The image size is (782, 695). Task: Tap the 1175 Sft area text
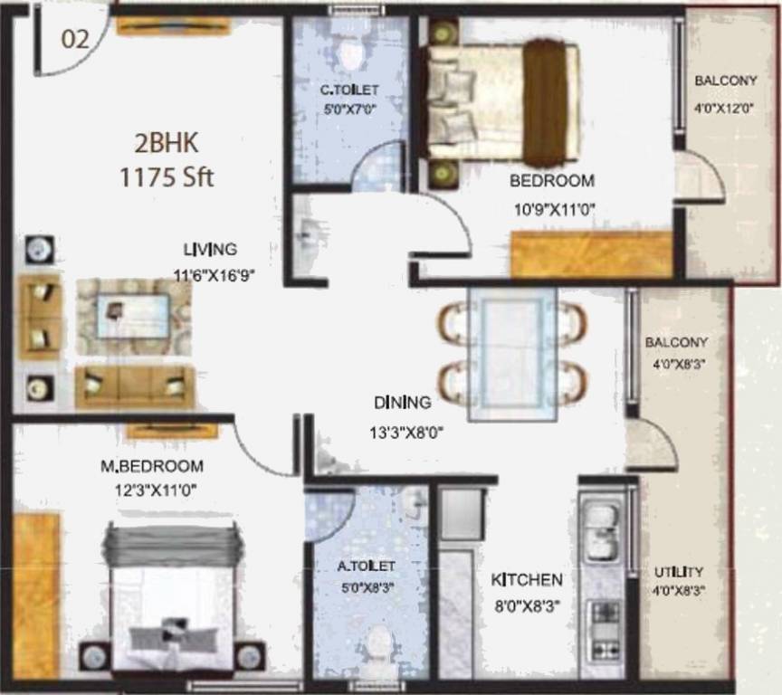pos(167,177)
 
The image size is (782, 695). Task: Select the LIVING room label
pos(210,249)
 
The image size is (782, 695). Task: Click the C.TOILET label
pos(350,90)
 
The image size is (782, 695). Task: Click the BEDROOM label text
pos(551,180)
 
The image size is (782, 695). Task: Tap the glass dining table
pos(512,354)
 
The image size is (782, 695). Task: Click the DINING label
pos(404,402)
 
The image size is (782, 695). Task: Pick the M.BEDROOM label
pos(151,467)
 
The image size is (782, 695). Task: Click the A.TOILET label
pos(366,566)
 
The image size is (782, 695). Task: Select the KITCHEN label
pos(527,579)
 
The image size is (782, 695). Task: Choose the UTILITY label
pos(679,572)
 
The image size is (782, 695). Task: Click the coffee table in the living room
pos(133,317)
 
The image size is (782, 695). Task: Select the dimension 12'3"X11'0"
pos(148,490)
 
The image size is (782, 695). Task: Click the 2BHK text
pos(167,145)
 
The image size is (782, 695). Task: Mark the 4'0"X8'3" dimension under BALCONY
pos(675,366)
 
